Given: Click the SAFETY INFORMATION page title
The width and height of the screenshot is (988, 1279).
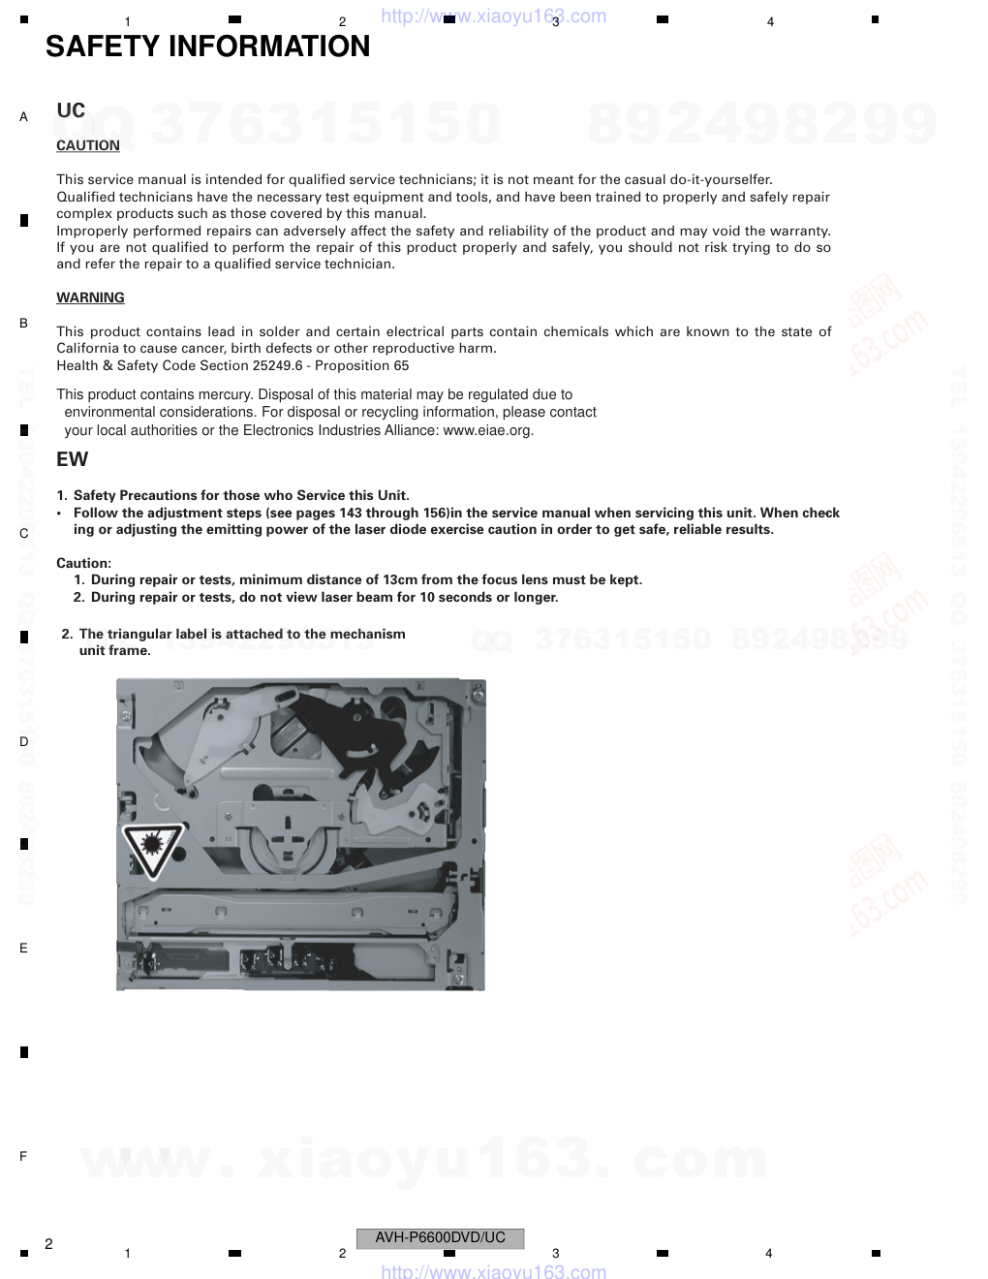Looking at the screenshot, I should (207, 47).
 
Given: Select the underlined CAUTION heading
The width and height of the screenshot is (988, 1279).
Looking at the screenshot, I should (88, 145).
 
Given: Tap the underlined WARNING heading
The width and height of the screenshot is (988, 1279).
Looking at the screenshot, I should (90, 297).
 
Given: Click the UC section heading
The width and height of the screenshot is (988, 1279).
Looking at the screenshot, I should (71, 111).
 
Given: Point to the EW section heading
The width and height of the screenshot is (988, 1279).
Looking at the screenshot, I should (72, 459).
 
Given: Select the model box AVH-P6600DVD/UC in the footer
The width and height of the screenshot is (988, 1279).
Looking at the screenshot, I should (440, 1237).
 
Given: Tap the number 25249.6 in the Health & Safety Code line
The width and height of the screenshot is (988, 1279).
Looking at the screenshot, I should (280, 365).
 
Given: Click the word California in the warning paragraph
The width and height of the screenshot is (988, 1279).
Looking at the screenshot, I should (88, 348).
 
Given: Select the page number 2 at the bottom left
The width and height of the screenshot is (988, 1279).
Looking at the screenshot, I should (48, 1243).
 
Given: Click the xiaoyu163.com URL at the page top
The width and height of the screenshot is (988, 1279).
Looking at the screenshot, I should (494, 16).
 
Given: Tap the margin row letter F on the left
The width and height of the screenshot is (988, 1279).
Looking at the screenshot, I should (23, 1156).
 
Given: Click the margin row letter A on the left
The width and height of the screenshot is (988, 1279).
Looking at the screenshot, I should (23, 117).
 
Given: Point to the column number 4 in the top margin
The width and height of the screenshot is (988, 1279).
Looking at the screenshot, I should (770, 22).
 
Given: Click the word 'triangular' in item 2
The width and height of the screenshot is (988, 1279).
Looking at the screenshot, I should (140, 634).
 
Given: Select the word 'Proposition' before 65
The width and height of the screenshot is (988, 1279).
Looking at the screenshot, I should (353, 365).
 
